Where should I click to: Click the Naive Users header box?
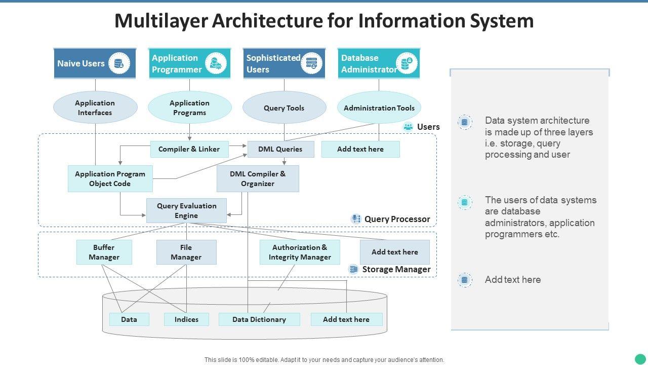point(95,63)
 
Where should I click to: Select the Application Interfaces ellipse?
point(95,107)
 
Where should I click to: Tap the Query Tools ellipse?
point(284,107)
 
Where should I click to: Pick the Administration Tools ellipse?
point(379,107)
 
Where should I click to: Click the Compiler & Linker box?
point(189,149)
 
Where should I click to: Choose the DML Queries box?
point(280,149)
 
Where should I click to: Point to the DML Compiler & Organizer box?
point(258,178)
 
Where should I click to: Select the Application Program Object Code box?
point(110,178)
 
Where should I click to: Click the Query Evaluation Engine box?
point(186,210)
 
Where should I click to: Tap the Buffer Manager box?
point(104,252)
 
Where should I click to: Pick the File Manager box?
point(186,252)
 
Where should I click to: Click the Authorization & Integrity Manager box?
point(300,252)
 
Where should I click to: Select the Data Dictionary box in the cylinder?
point(259,319)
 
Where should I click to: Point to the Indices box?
point(186,319)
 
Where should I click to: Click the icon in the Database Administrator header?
point(407,63)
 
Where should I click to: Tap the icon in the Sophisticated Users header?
point(311,63)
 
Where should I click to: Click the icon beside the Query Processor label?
point(356,219)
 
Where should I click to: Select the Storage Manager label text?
point(396,269)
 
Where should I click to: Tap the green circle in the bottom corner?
point(641,359)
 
